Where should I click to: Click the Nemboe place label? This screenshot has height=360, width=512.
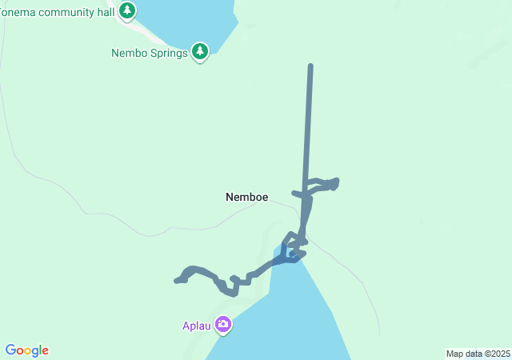pyautogui.click(x=246, y=197)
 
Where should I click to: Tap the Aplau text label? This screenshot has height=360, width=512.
pyautogui.click(x=195, y=326)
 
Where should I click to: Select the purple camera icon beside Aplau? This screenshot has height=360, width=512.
pyautogui.click(x=222, y=325)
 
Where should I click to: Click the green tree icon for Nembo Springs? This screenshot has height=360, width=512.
pyautogui.click(x=200, y=53)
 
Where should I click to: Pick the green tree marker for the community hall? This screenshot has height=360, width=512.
pyautogui.click(x=127, y=10)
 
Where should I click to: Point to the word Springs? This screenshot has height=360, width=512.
pyautogui.click(x=168, y=54)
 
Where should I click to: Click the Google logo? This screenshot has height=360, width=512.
pyautogui.click(x=27, y=350)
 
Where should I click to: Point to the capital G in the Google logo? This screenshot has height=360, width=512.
pyautogui.click(x=10, y=350)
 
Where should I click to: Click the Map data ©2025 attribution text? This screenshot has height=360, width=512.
pyautogui.click(x=477, y=354)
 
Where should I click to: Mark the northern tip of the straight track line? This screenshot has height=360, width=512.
pyautogui.click(x=310, y=66)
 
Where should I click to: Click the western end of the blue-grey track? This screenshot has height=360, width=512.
pyautogui.click(x=177, y=281)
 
